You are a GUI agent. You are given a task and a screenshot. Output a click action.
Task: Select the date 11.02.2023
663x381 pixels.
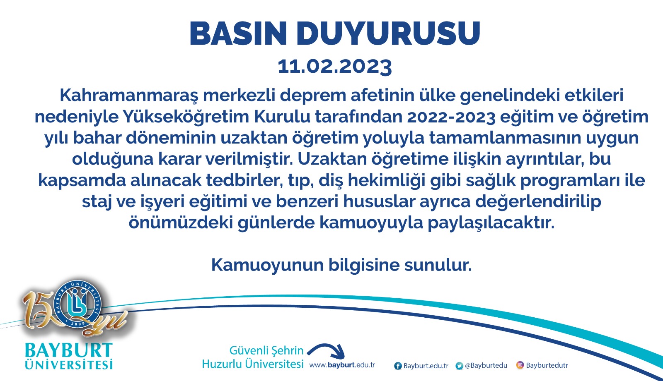(335, 67)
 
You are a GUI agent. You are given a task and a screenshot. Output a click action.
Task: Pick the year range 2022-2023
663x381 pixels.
(451, 117)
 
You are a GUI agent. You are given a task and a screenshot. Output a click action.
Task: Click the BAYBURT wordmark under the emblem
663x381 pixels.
(69, 350)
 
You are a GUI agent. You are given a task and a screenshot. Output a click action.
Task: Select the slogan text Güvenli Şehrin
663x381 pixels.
(266, 350)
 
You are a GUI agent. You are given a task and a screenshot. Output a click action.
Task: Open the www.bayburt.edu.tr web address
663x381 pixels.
(342, 365)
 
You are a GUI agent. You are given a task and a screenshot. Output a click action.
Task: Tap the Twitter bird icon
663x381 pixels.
(459, 366)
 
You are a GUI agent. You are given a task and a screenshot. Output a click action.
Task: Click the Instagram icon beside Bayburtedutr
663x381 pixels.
(520, 365)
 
